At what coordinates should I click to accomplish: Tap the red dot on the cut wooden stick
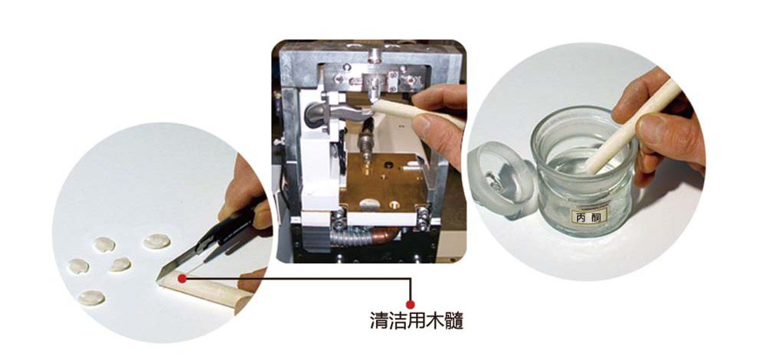tap(182, 279)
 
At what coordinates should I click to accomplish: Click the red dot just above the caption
tap(411, 303)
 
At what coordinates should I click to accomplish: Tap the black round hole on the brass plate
tap(389, 162)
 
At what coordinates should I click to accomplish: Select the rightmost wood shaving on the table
tap(156, 242)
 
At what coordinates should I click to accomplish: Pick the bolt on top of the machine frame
tap(374, 55)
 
